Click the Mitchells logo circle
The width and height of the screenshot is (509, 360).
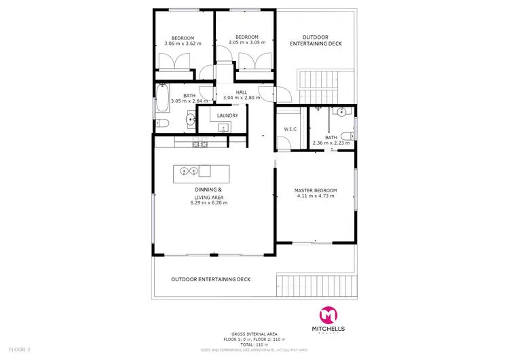click(x=328, y=315)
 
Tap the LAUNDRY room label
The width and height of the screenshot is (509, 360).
click(x=228, y=115)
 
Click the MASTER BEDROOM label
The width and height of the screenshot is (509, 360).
click(x=316, y=190)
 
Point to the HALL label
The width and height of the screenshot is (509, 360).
click(x=242, y=92)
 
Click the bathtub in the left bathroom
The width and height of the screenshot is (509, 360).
click(x=162, y=101)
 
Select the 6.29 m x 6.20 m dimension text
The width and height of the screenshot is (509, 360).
click(x=209, y=202)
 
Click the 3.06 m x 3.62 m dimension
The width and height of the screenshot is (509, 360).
click(x=183, y=43)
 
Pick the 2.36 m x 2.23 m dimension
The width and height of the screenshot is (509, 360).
click(x=331, y=143)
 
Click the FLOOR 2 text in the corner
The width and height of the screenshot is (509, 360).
click(x=19, y=349)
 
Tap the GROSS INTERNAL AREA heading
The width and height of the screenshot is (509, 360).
click(x=254, y=334)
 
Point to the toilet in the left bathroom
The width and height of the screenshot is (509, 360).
click(x=162, y=122)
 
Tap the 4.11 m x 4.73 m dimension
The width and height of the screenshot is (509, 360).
click(x=316, y=197)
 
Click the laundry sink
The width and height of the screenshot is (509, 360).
click(x=226, y=127)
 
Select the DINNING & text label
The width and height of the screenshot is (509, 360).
click(x=208, y=190)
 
